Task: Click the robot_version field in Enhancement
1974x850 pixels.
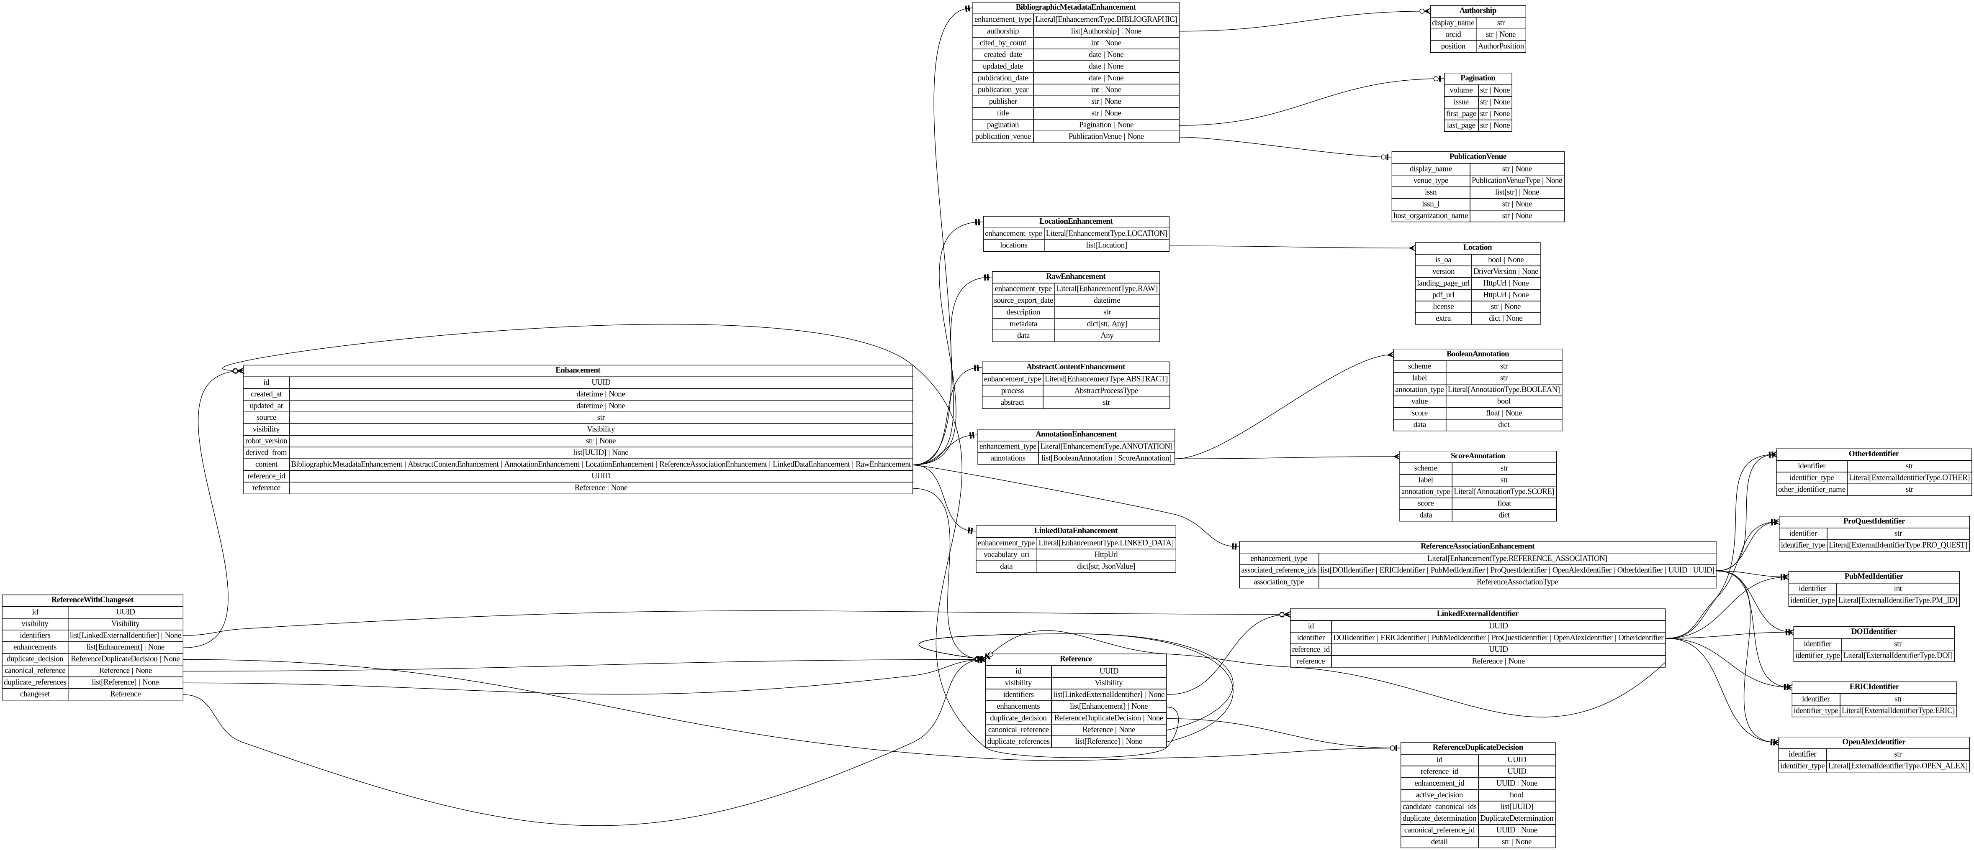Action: pos(266,441)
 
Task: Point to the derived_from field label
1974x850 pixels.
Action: pos(266,452)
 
